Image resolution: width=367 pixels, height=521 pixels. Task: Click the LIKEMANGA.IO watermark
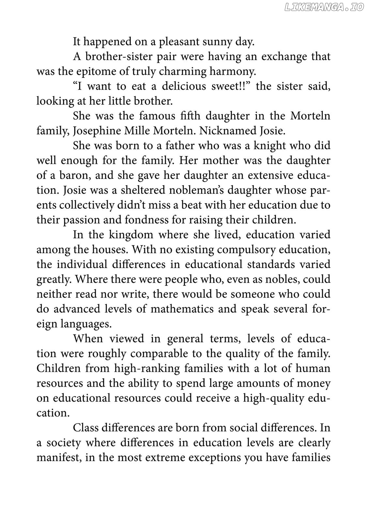324,7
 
